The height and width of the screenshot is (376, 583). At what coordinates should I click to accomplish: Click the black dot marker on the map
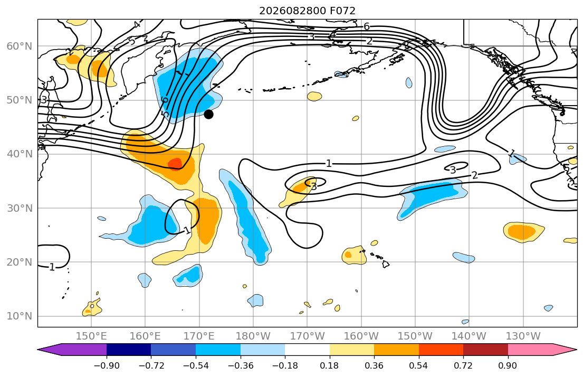click(x=208, y=114)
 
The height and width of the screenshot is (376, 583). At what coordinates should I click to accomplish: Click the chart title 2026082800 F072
click(x=307, y=11)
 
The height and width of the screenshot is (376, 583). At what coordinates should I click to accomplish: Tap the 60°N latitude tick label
click(x=20, y=46)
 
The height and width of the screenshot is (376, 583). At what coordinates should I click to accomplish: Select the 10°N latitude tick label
click(x=20, y=316)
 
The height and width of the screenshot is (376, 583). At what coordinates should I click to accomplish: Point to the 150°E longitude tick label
click(x=91, y=336)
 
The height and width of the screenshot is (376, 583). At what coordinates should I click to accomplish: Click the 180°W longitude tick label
click(x=253, y=336)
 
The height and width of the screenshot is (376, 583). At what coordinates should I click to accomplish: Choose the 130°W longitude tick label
click(x=523, y=336)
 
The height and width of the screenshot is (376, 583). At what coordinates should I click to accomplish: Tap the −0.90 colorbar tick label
click(x=107, y=365)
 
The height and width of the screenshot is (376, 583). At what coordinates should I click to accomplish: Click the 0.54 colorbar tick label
click(x=419, y=365)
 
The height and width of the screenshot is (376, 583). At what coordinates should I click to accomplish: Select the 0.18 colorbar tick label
click(x=329, y=365)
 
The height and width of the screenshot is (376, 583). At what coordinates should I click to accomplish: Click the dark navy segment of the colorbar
click(x=129, y=350)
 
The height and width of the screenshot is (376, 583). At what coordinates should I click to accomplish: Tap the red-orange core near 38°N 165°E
click(x=175, y=163)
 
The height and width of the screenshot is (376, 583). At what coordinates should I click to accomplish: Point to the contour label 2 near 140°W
click(x=474, y=175)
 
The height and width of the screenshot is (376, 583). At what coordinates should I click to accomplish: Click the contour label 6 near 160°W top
click(x=367, y=26)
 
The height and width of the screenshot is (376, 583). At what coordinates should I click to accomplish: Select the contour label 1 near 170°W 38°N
click(x=329, y=163)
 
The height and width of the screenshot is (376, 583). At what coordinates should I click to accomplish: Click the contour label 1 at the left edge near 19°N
click(x=52, y=267)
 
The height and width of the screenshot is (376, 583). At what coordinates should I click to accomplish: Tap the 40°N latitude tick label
click(x=20, y=154)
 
